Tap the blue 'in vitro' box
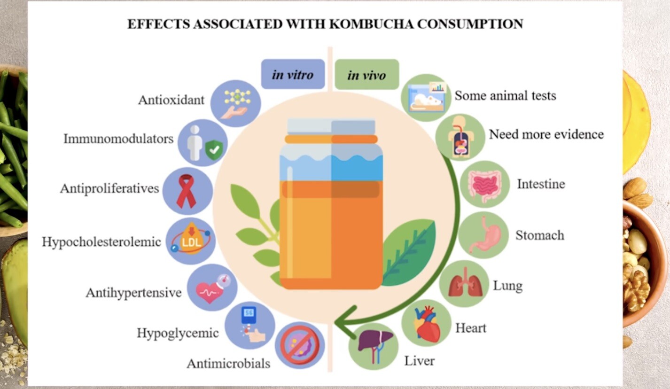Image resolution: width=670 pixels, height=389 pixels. click(293, 74)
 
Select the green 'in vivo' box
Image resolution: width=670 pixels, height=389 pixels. click(366, 74)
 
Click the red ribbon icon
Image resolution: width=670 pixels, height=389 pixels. click(187, 191)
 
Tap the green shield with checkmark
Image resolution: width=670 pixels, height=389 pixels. click(214, 149)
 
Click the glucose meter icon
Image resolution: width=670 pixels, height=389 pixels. click(251, 325)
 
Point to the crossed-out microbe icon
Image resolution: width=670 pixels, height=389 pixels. click(300, 345)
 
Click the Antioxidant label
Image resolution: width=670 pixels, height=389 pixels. click(171, 100)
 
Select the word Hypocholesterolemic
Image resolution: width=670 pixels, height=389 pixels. click(101, 242)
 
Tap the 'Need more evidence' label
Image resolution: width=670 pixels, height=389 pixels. click(546, 134)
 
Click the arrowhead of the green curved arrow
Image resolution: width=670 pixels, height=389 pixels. click(344, 322)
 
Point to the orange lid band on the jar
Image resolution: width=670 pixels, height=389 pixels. click(331, 139)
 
